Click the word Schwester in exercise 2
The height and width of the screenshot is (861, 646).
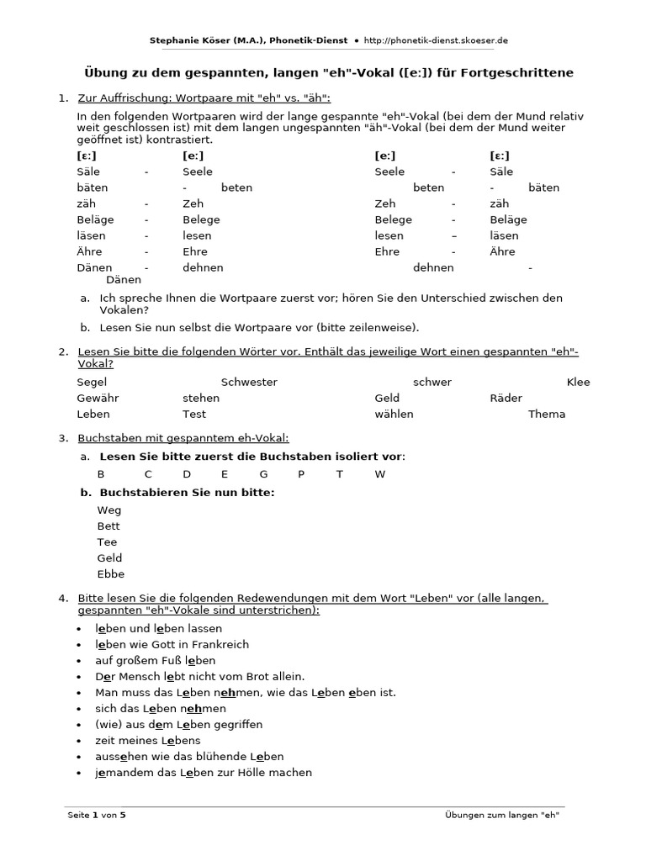(x=249, y=382)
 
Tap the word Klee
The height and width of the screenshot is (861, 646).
(x=579, y=382)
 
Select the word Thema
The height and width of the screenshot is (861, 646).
(x=547, y=414)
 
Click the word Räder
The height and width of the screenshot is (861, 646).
(x=506, y=398)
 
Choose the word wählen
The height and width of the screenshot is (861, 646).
(x=394, y=414)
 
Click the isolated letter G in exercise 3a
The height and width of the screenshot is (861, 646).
(x=263, y=474)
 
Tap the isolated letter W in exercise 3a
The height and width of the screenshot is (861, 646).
(x=379, y=474)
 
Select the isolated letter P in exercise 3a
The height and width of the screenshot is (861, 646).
(x=301, y=474)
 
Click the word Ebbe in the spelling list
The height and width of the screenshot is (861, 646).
(x=111, y=574)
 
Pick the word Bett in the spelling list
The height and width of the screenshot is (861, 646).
(x=109, y=526)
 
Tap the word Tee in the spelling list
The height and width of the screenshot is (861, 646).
(x=108, y=542)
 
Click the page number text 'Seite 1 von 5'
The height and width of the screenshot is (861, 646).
(x=98, y=815)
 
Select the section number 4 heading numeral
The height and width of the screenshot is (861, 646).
(x=62, y=597)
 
